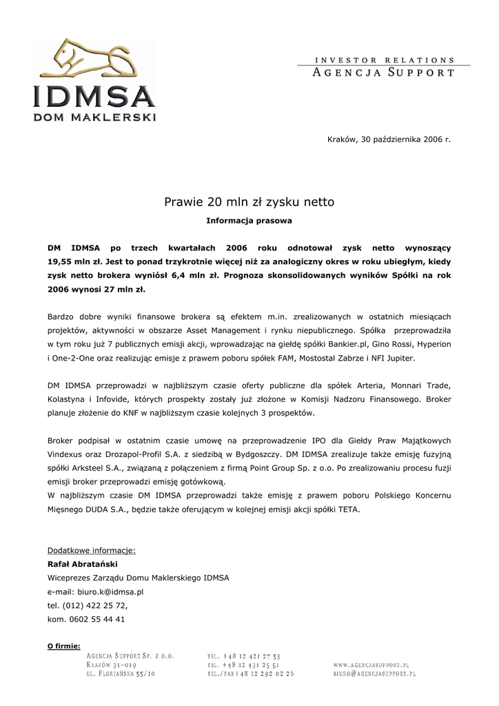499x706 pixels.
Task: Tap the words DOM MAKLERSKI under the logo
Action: [94, 117]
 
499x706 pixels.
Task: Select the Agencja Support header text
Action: [384, 72]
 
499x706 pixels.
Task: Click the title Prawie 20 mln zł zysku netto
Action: [249, 202]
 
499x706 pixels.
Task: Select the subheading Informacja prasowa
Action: [249, 221]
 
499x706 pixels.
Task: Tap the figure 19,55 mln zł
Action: [74, 262]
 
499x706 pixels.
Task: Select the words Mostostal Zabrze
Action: [325, 359]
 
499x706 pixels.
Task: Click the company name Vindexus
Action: [69, 454]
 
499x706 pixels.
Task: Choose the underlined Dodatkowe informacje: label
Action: [91, 550]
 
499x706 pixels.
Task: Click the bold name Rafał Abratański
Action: [82, 564]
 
